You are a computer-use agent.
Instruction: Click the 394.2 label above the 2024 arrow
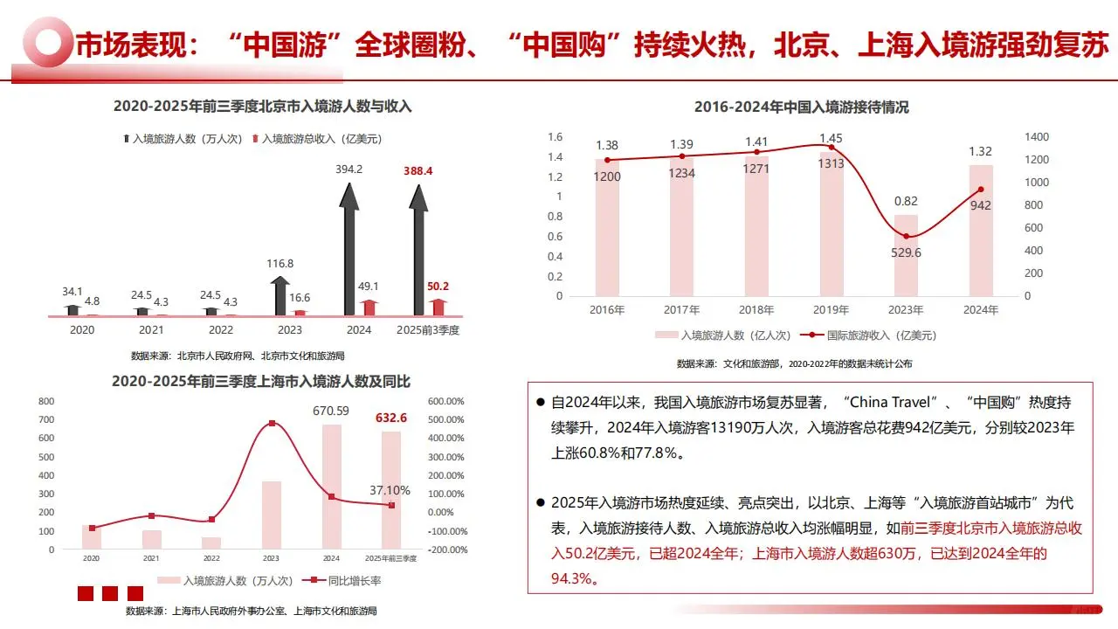click(x=349, y=169)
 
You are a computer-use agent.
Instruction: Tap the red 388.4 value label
click(x=418, y=170)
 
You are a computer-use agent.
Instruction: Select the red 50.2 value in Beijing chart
click(x=438, y=286)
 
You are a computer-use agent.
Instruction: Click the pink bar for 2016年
click(x=607, y=227)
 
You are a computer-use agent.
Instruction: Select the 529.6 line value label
click(x=907, y=253)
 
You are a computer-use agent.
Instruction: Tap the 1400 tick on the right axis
click(x=1033, y=137)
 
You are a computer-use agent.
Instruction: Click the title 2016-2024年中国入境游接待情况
click(x=801, y=107)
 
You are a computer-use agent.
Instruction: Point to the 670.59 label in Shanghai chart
click(x=331, y=411)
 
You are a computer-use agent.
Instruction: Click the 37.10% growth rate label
click(x=390, y=491)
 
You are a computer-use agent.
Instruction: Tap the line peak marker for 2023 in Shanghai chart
click(x=272, y=424)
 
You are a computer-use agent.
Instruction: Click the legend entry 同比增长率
click(x=342, y=580)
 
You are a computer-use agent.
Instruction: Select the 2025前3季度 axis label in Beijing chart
click(x=428, y=330)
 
